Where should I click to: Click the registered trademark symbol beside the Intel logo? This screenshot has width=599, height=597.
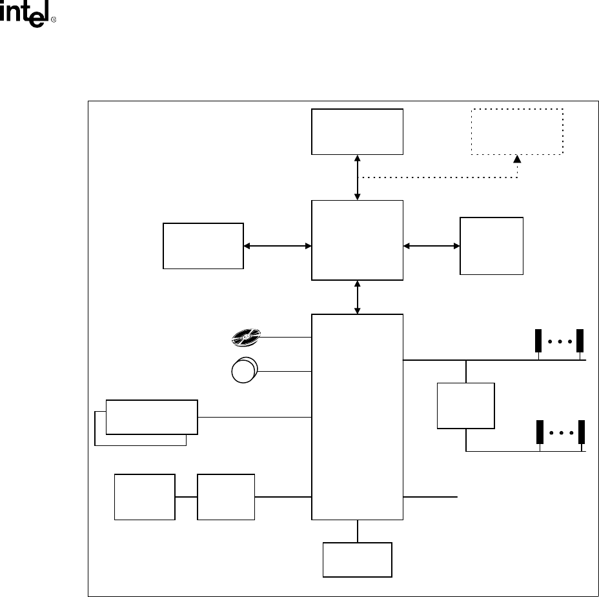54,21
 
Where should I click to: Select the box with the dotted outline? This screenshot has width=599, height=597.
518,131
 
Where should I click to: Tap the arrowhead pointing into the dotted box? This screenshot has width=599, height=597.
518,159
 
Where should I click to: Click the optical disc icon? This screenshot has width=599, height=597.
245,336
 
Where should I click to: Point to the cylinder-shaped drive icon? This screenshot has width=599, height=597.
243,371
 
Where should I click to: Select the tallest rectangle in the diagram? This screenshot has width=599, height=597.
357,416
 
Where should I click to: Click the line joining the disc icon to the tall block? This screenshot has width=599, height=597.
285,337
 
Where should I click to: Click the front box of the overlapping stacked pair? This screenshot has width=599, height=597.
152,416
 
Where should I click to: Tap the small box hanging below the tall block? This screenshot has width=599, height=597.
357,560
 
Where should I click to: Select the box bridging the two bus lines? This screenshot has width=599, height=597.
466,405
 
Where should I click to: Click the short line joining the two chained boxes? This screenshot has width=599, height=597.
186,497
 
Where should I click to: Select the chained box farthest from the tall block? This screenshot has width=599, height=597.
145,496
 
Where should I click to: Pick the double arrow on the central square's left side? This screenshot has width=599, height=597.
278,245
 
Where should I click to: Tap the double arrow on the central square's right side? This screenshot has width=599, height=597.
431,245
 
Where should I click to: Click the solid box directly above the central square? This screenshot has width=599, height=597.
357,131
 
